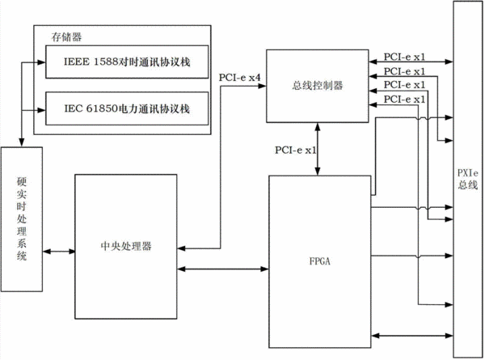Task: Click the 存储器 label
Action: [66, 37]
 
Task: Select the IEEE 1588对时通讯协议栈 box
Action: [127, 61]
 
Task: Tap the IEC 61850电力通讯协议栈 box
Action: [127, 108]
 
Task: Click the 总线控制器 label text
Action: [318, 86]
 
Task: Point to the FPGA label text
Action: [320, 261]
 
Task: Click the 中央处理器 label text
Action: [126, 246]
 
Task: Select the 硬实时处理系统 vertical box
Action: [22, 219]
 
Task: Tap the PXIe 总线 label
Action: [468, 179]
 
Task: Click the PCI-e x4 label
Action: [240, 78]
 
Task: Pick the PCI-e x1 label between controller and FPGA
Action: [296, 150]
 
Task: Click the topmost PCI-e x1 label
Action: [405, 57]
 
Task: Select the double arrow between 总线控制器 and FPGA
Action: [318, 149]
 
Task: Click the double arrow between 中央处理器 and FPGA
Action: [223, 269]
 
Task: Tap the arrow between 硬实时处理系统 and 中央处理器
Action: [59, 252]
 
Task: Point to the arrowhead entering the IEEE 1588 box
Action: [41, 62]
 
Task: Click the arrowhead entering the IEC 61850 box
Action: [41, 110]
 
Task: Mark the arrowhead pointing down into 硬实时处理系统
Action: [21, 142]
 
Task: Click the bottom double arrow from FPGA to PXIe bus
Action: [412, 335]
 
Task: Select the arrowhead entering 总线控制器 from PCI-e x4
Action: [262, 86]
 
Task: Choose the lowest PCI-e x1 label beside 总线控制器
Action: [405, 100]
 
